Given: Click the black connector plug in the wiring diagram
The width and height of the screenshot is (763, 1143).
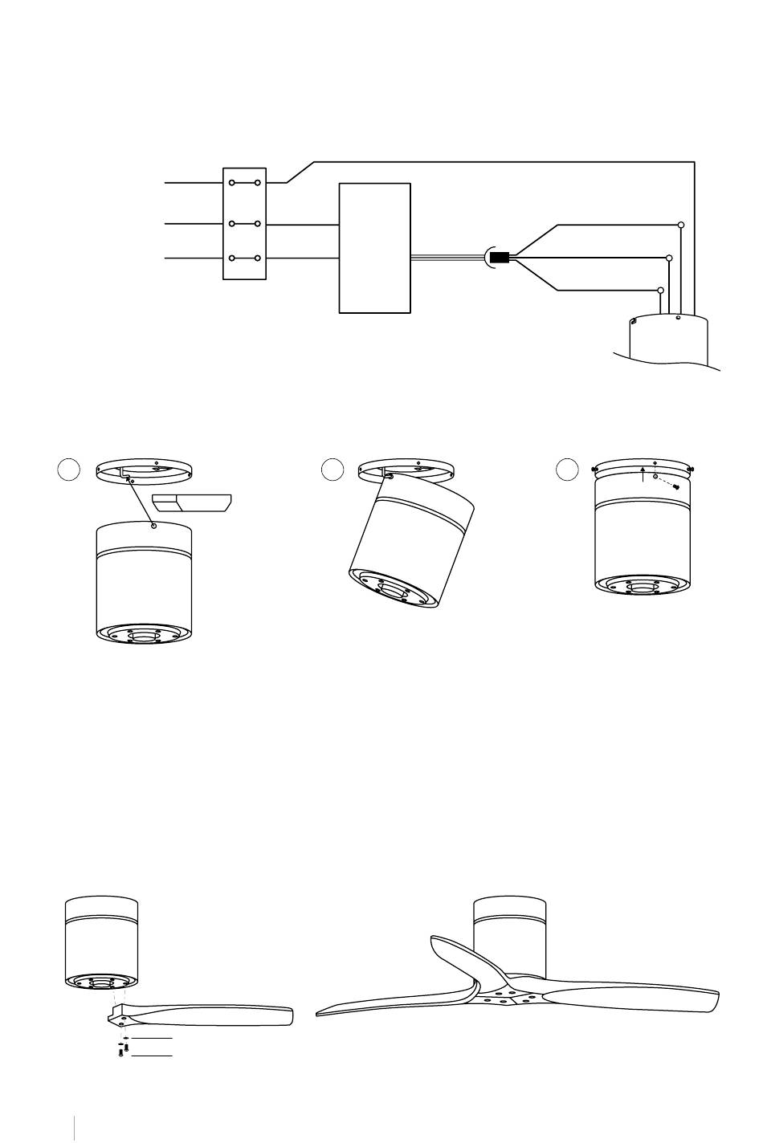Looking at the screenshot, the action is tap(500, 258).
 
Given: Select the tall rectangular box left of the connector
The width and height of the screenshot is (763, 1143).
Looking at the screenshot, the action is tap(375, 248).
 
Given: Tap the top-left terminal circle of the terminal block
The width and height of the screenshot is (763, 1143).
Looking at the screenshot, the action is tap(231, 183).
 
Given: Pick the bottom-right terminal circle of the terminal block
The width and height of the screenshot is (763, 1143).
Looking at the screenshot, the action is tap(257, 258).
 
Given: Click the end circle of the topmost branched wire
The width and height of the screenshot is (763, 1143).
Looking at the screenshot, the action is tap(681, 225).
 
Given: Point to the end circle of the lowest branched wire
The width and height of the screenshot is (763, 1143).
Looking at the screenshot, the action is tap(661, 290).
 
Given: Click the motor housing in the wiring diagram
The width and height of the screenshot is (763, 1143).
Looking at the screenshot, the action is tap(670, 341).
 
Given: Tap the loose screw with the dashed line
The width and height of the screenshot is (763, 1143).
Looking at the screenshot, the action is tap(677, 486).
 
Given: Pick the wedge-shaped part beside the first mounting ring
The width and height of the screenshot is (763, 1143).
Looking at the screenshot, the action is tap(193, 503).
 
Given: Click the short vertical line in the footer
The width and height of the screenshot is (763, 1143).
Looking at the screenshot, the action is tap(74, 1126).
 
